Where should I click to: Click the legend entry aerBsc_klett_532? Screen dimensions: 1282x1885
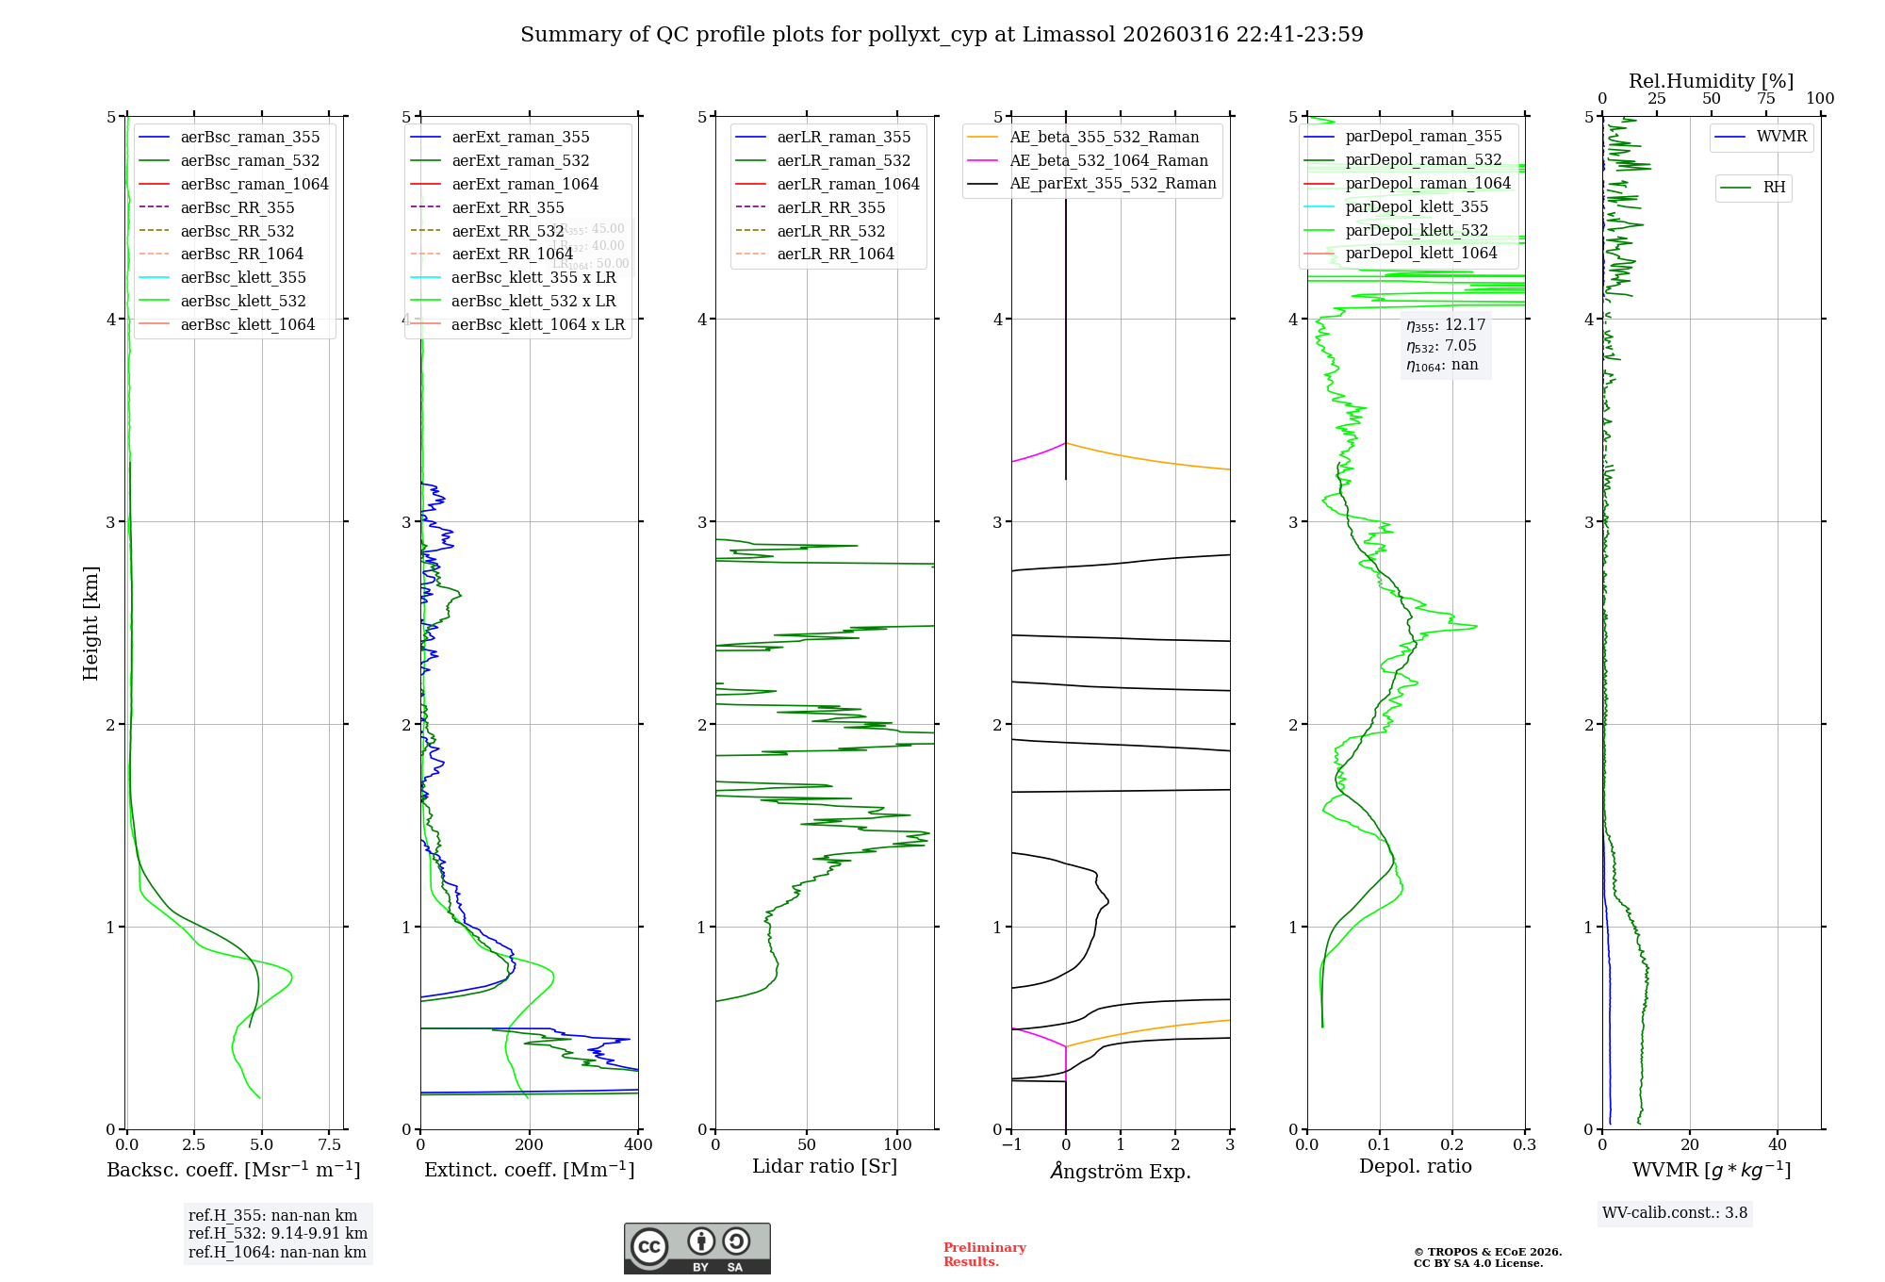[x=242, y=302]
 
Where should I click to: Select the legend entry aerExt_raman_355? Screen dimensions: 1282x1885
[x=520, y=138]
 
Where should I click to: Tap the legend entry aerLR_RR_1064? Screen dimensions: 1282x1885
[x=835, y=255]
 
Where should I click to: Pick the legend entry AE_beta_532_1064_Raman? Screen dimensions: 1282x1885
[x=1108, y=161]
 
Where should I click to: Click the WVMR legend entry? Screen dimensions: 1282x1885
[x=1780, y=137]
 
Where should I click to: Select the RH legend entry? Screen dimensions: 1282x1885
[x=1773, y=188]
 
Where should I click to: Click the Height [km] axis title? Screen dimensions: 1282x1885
[x=90, y=622]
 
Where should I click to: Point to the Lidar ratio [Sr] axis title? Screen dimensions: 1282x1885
[x=824, y=1167]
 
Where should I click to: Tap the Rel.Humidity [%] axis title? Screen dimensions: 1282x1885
[x=1711, y=81]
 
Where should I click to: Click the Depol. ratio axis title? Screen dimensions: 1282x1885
[x=1415, y=1167]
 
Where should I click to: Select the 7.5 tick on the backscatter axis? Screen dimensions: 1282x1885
[x=329, y=1145]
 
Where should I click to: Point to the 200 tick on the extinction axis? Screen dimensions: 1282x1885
[x=530, y=1145]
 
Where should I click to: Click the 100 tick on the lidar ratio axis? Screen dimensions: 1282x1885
[x=897, y=1145]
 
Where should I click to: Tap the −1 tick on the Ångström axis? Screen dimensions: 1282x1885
[x=1011, y=1145]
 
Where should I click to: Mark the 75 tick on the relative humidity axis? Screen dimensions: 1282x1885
[x=1765, y=99]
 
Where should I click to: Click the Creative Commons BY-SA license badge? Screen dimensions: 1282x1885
[x=697, y=1249]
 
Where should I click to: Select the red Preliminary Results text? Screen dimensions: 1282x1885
[x=984, y=1255]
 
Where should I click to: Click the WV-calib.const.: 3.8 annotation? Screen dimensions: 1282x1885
[x=1674, y=1213]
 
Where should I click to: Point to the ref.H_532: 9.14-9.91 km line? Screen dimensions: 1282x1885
[x=277, y=1234]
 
